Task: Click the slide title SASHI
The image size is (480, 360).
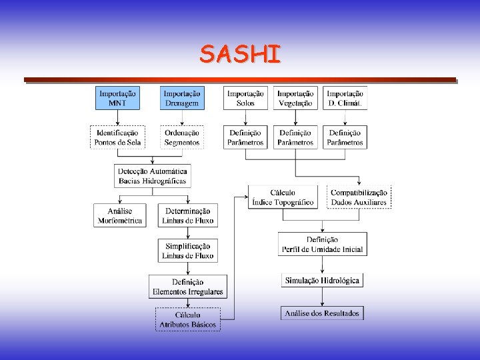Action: pos(240,54)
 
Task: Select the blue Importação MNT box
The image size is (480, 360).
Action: pos(117,99)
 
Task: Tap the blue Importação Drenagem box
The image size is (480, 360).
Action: pos(182,99)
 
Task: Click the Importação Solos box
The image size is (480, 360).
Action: pos(245,99)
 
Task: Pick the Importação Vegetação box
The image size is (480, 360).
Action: pos(295,99)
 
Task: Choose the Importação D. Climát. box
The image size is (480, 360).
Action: pos(345,99)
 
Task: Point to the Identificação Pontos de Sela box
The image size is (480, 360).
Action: pos(117,137)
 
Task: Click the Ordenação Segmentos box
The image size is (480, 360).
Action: pos(182,137)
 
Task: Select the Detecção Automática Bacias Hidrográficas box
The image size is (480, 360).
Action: pos(153,176)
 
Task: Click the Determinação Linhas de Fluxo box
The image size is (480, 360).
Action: pos(187,215)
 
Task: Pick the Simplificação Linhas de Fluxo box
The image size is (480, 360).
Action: pos(187,251)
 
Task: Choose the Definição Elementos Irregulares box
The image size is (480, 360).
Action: pos(187,287)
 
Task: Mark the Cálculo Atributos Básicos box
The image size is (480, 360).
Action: pos(187,320)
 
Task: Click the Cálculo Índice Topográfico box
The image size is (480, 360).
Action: pos(283,197)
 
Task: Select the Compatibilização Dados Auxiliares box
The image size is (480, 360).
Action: pos(359,197)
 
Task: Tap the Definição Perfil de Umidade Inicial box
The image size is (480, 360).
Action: pos(322,245)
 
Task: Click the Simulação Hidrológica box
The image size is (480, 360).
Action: pos(322,281)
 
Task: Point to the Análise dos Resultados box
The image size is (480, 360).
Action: pos(322,313)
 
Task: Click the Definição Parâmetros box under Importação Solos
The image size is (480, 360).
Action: pos(245,137)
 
